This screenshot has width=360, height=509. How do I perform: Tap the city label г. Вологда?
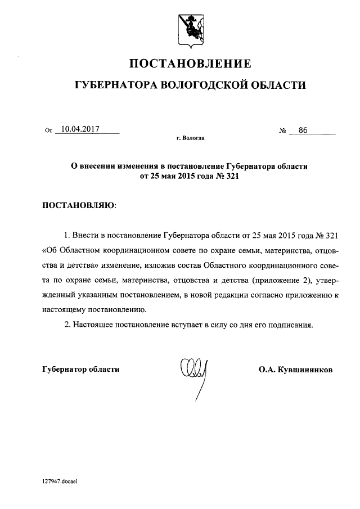tap(190, 138)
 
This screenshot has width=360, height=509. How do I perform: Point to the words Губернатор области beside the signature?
tap(81, 370)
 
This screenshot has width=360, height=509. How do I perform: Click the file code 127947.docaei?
tap(58, 481)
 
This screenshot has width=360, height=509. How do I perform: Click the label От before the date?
tap(48, 130)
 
